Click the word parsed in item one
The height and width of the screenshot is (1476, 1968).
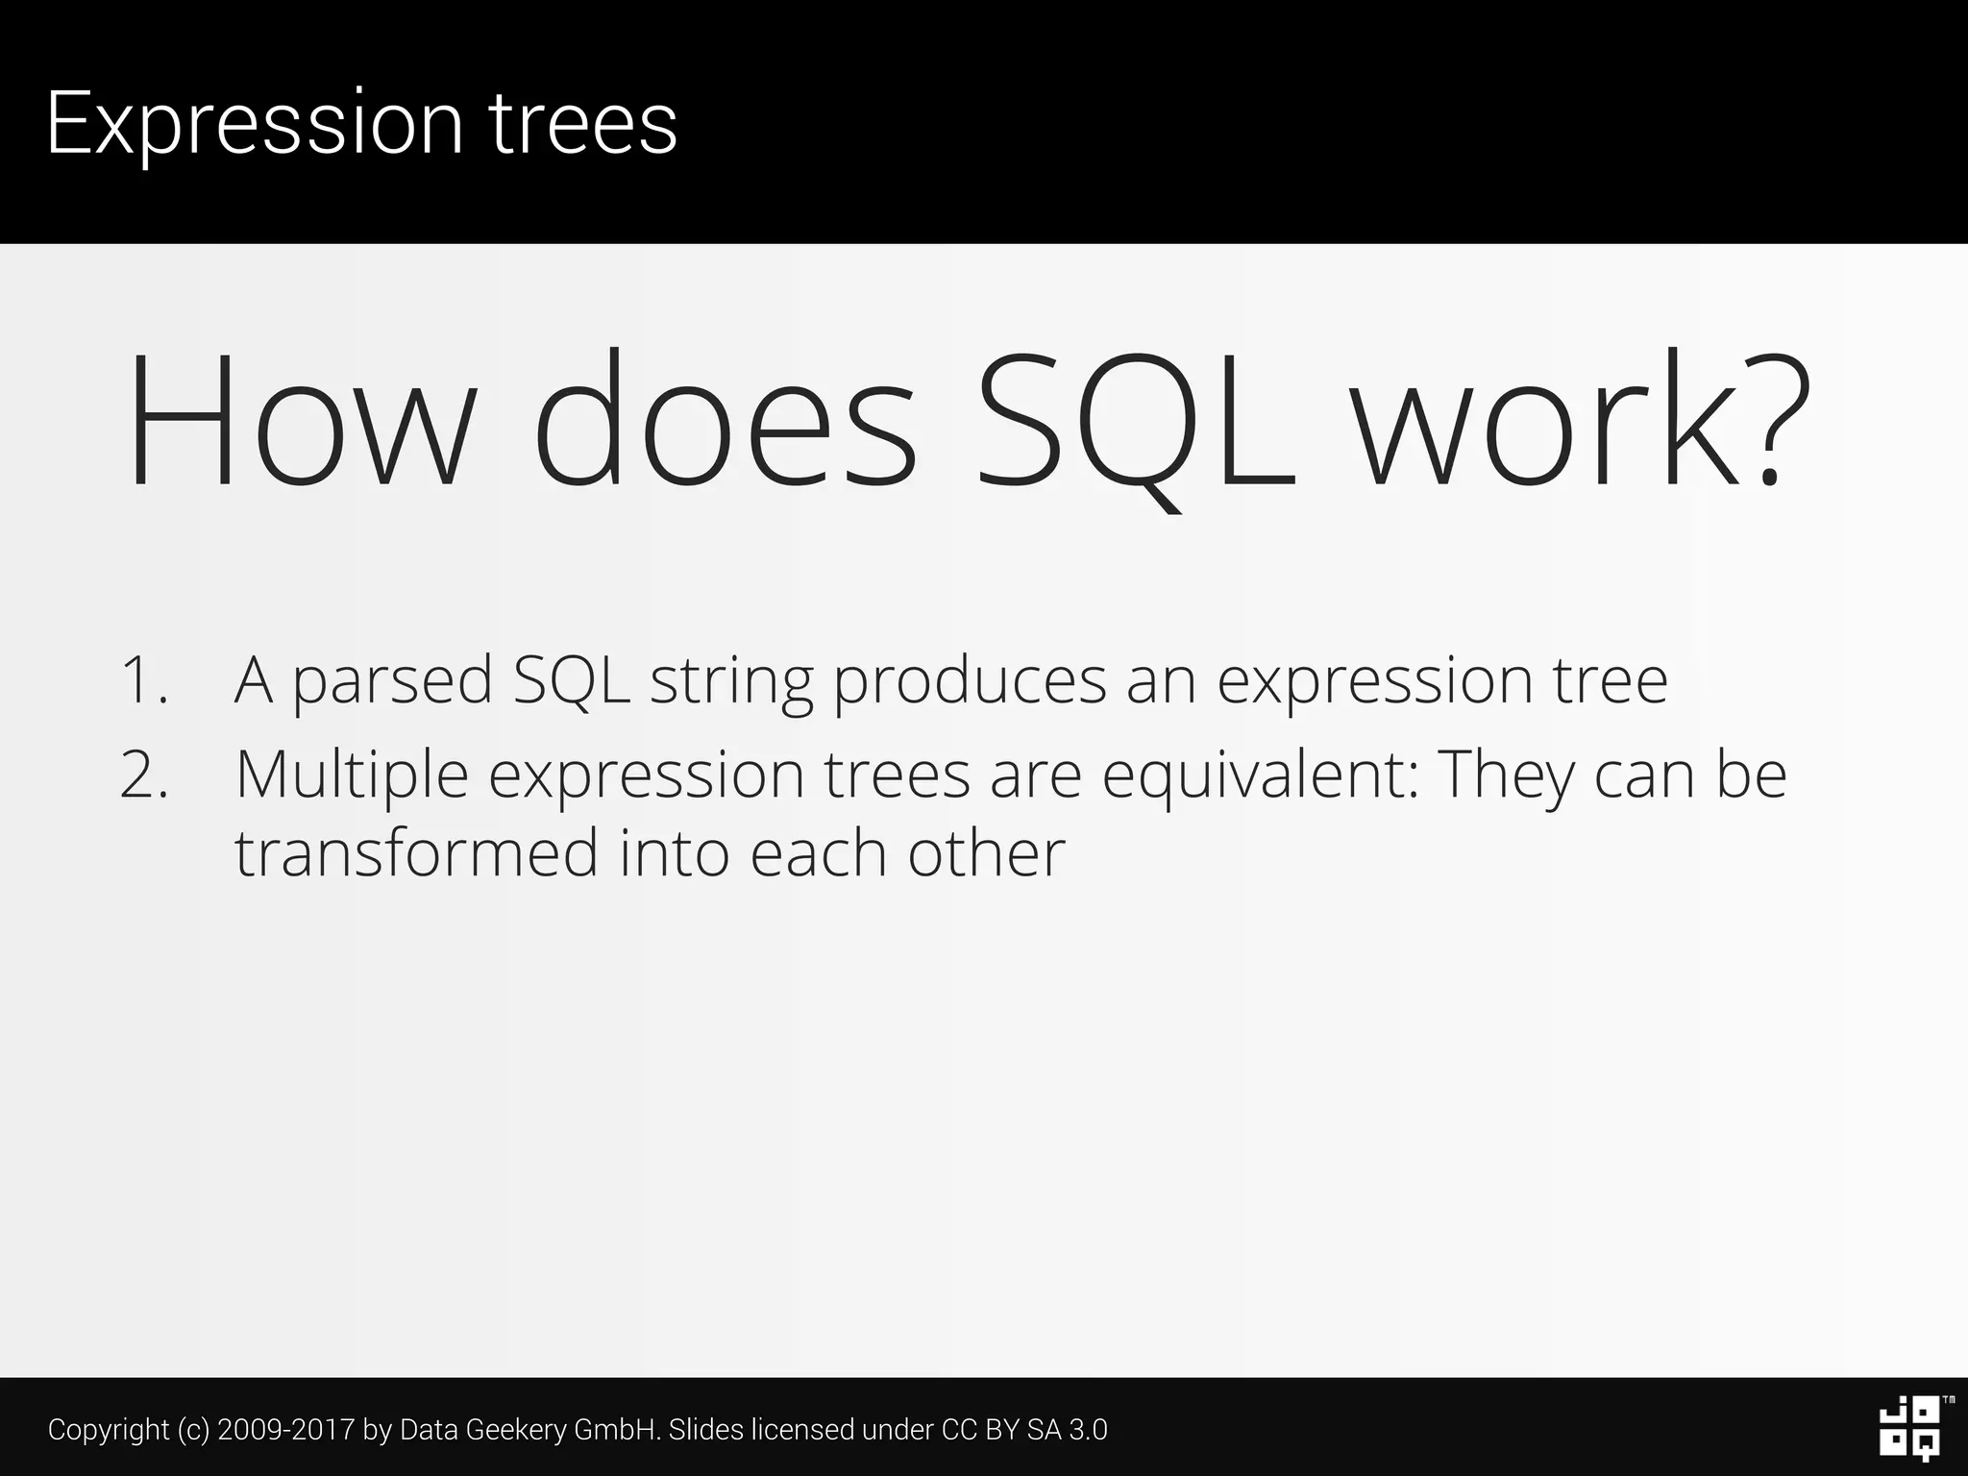point(392,680)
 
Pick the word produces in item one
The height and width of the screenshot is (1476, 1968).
point(969,680)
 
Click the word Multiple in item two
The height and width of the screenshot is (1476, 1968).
point(352,775)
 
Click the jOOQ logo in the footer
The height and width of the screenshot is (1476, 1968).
point(1909,1429)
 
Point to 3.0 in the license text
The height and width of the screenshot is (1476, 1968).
point(1088,1430)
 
